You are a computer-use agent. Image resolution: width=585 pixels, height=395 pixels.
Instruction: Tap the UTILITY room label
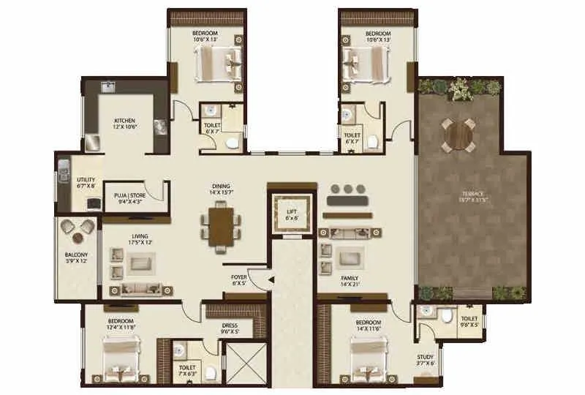86,183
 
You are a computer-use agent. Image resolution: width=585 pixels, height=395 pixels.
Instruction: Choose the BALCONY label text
76,257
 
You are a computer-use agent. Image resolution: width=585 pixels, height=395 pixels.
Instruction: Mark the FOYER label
239,279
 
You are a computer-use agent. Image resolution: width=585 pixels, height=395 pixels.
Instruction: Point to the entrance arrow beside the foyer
271,279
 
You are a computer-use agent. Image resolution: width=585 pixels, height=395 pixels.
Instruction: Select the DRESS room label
230,328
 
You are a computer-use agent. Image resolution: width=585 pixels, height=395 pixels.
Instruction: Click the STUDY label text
427,361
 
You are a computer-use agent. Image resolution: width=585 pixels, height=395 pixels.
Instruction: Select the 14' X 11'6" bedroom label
368,326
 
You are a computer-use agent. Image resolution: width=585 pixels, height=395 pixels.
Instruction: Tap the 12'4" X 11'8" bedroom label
121,324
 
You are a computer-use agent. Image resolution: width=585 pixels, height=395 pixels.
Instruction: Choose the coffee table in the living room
138,262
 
